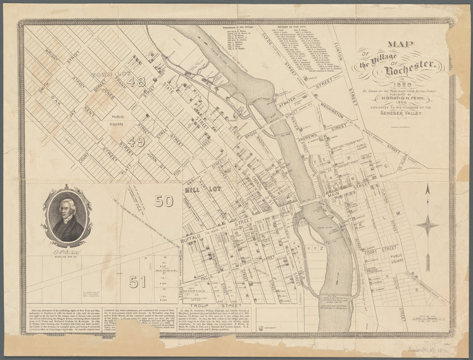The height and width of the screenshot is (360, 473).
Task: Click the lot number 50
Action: pos(165,201)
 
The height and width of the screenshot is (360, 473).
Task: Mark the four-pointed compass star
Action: pos(428,225)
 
